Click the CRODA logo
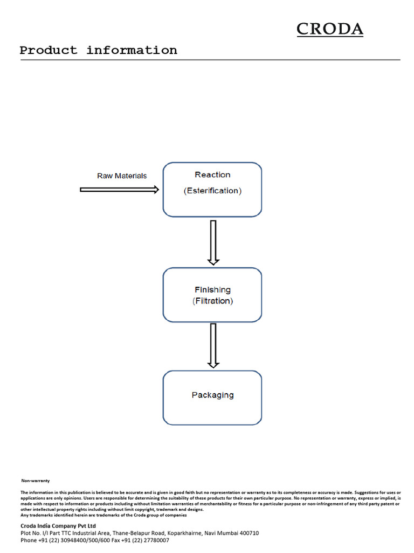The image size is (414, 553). pyautogui.click(x=330, y=29)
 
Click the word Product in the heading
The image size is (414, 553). pyautogui.click(x=48, y=50)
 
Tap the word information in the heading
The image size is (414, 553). pyautogui.click(x=132, y=50)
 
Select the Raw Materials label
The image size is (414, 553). pyautogui.click(x=122, y=176)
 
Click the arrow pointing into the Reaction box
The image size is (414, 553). pyautogui.click(x=119, y=190)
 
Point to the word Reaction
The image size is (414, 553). pyautogui.click(x=212, y=174)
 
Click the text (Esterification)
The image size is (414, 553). pyautogui.click(x=212, y=191)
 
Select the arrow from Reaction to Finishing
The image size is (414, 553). pyautogui.click(x=213, y=242)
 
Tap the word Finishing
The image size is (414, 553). pyautogui.click(x=212, y=290)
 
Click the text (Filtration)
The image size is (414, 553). pyautogui.click(x=212, y=301)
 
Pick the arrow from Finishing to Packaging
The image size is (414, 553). pyautogui.click(x=213, y=346)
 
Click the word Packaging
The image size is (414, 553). pyautogui.click(x=212, y=395)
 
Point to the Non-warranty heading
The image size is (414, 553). pyautogui.click(x=36, y=481)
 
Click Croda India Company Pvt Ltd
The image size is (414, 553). pyautogui.click(x=58, y=526)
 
